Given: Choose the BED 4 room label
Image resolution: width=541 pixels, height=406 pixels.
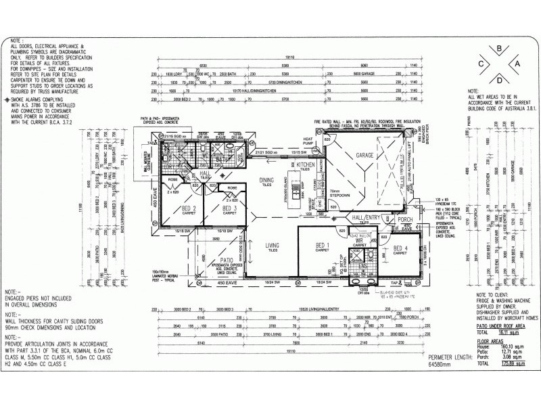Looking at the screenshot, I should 402,250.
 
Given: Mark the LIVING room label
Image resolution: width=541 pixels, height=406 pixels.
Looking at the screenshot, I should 271,245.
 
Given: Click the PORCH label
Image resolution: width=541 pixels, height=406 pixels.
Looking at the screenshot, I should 405,220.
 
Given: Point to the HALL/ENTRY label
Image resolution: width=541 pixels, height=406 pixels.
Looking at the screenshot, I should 366,217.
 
